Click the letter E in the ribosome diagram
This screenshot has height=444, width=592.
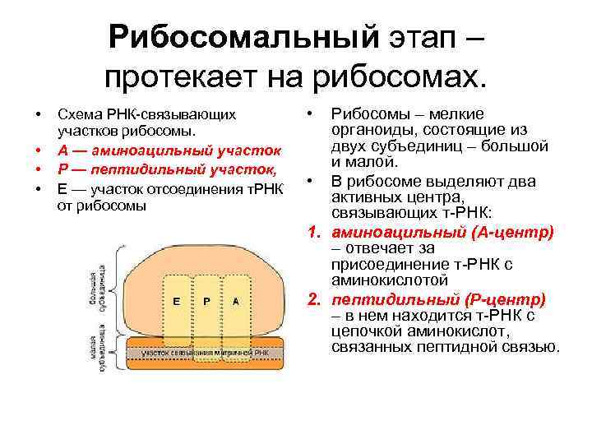click(176, 302)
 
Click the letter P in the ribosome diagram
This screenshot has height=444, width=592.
click(206, 302)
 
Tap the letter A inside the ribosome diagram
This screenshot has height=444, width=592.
click(235, 302)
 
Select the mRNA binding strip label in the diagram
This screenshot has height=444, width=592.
click(206, 352)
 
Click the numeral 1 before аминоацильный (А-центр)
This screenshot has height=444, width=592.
click(313, 232)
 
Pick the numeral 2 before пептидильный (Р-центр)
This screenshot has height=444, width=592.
click(313, 298)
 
